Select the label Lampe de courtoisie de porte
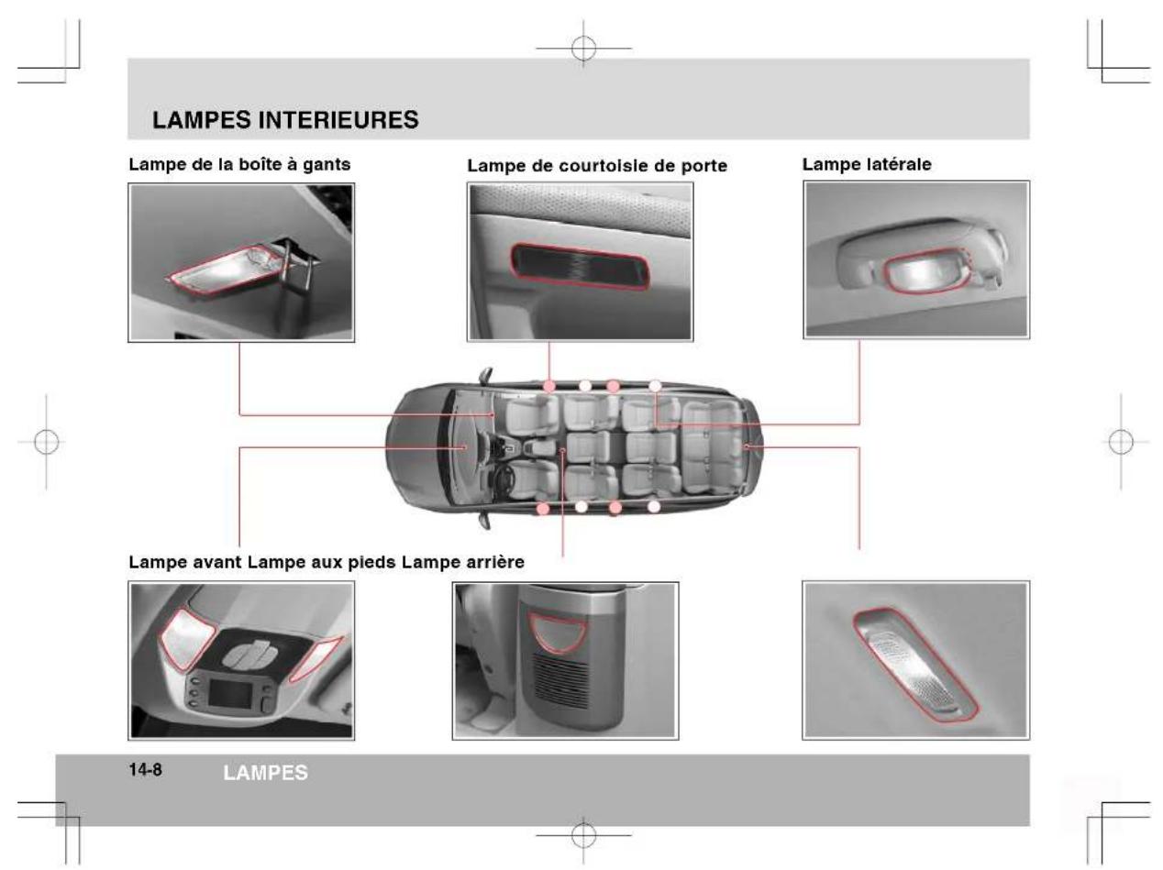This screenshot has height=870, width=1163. (x=596, y=167)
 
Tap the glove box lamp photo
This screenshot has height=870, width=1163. (x=241, y=262)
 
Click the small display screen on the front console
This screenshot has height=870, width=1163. (x=230, y=692)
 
